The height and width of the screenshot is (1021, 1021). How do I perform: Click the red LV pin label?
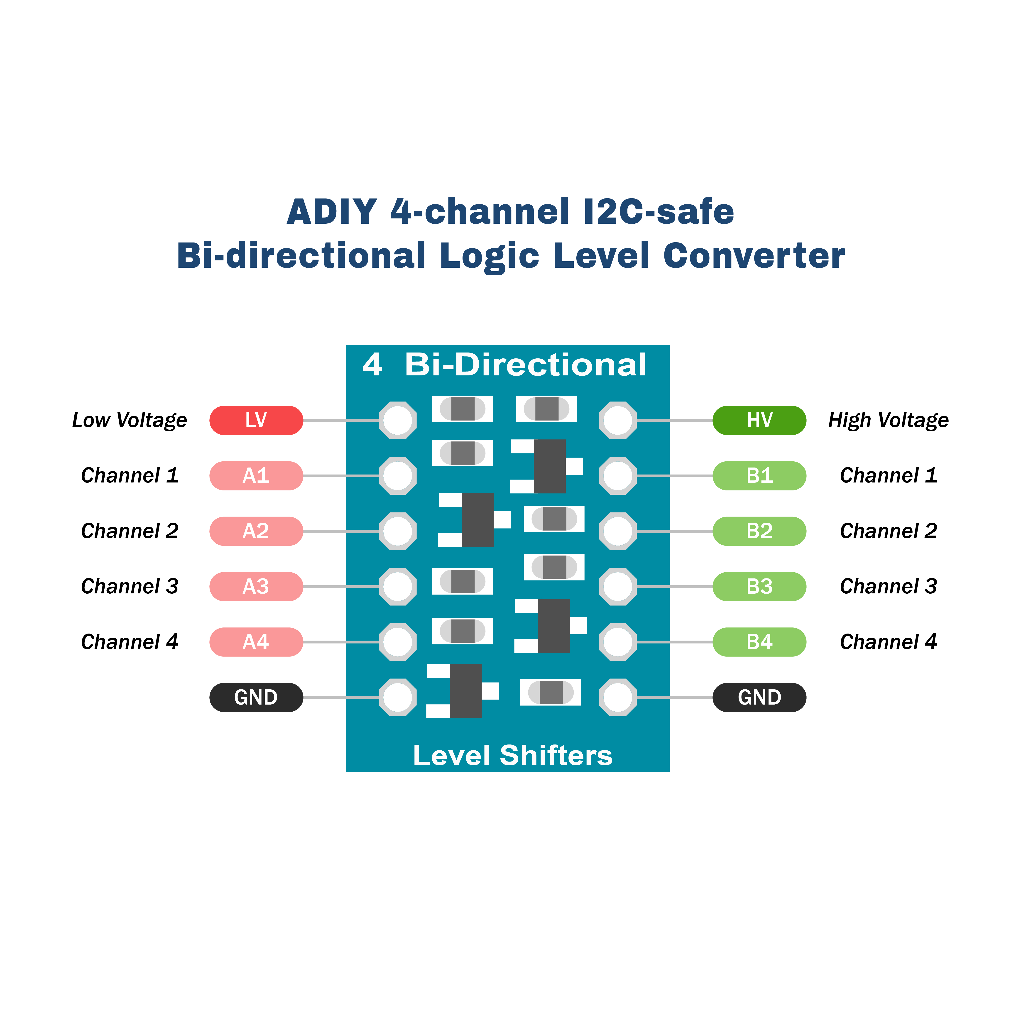(256, 420)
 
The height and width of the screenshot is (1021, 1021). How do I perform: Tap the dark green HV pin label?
(759, 420)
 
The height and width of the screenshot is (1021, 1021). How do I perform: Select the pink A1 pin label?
(256, 476)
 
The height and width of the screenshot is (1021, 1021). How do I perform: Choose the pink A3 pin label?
(256, 587)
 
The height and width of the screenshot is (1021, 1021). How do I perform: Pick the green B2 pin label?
(759, 531)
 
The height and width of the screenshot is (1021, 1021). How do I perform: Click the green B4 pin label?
(759, 642)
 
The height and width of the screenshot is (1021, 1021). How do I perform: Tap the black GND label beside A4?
(256, 698)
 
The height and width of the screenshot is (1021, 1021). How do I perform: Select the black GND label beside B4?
(759, 698)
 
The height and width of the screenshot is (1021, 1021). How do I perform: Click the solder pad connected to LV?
(397, 420)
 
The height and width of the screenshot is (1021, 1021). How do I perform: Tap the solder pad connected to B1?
(618, 476)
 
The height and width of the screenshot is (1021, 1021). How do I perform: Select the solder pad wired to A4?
(397, 642)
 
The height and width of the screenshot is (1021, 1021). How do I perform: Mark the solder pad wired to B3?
(618, 587)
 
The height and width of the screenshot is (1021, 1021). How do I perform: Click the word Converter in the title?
(754, 256)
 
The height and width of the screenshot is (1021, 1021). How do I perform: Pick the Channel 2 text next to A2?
(130, 531)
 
